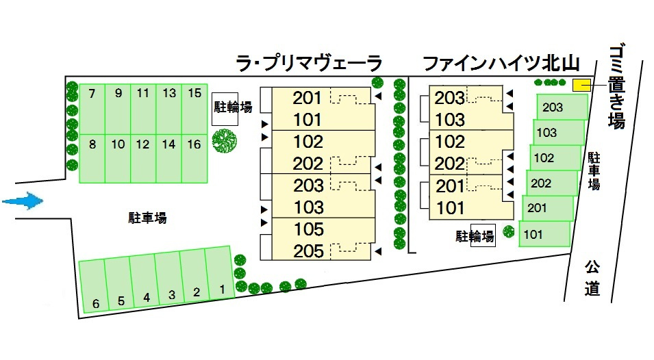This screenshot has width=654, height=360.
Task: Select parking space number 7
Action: coord(92,110)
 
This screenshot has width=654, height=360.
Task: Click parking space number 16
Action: coord(194,158)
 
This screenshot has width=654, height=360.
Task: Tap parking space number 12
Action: coord(143,158)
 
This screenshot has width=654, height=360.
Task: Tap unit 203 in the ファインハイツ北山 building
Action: coord(449,98)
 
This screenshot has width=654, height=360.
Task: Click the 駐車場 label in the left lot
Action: coord(147,218)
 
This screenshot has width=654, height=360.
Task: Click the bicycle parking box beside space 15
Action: coord(225,109)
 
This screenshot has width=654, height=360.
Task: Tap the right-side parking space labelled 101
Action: coord(545,234)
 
